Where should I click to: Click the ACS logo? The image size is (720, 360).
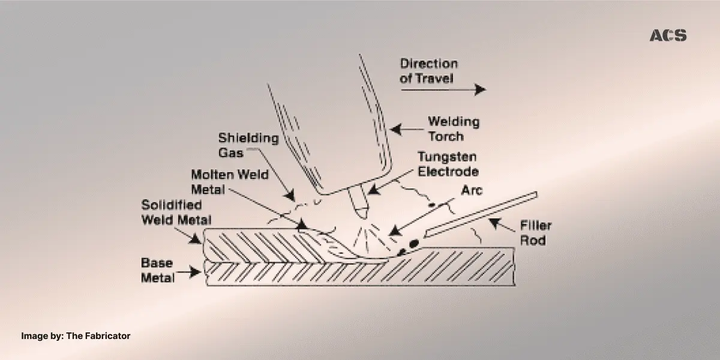[x=668, y=36]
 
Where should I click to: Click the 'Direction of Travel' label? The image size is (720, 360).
[x=429, y=71]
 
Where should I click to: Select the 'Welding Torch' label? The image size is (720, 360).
[x=453, y=128]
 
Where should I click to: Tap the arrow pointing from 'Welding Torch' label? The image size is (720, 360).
[x=405, y=128]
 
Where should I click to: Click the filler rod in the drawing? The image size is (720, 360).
[x=480, y=214]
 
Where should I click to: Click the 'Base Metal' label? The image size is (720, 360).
[x=158, y=270]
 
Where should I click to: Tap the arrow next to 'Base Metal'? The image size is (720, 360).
[x=191, y=273]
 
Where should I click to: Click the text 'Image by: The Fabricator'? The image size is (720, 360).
[x=76, y=336]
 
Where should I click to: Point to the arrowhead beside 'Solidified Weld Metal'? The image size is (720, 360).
[x=197, y=239]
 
